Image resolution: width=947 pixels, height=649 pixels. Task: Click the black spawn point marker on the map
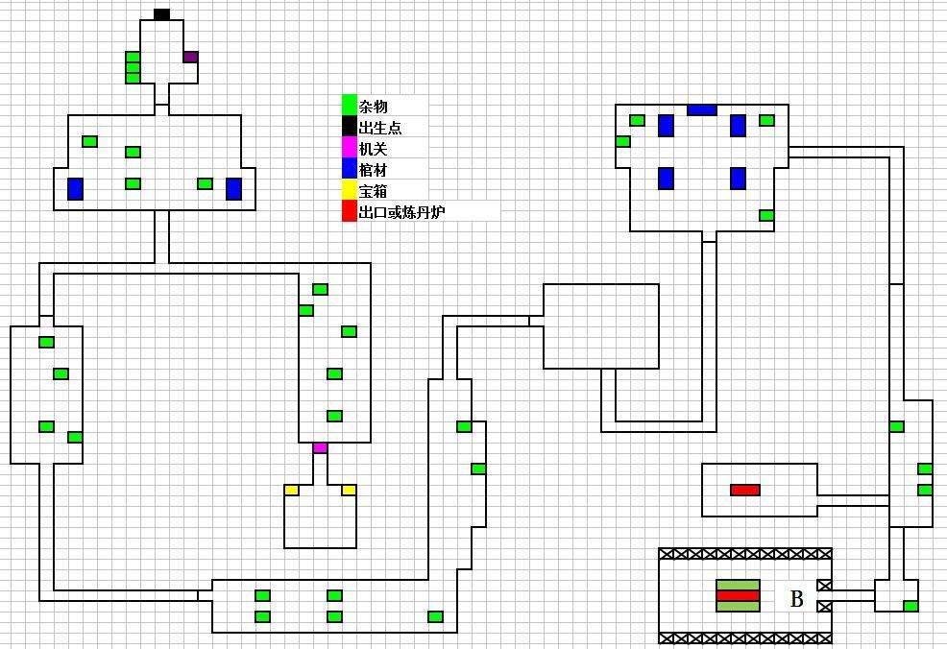(x=162, y=14)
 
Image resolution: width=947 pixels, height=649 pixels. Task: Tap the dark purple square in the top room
(x=190, y=58)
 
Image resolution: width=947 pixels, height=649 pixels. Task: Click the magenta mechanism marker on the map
(x=320, y=448)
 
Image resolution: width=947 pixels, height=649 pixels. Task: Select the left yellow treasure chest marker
(x=292, y=491)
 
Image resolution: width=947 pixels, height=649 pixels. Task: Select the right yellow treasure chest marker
(x=349, y=491)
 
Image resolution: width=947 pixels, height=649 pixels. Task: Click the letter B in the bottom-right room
(x=796, y=599)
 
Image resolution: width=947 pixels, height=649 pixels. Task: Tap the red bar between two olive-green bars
(x=738, y=596)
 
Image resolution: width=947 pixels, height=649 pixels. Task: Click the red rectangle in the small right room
(x=744, y=490)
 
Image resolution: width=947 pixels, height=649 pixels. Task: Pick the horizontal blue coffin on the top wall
(x=702, y=109)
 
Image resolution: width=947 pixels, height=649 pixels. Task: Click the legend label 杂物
(x=373, y=107)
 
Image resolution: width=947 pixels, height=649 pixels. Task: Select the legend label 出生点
(x=380, y=128)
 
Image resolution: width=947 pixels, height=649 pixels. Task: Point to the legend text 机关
(x=373, y=149)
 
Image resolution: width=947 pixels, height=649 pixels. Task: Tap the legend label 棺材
(x=373, y=170)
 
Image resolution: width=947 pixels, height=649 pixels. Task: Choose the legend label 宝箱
(x=373, y=191)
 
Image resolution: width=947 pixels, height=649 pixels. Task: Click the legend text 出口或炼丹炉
(x=401, y=212)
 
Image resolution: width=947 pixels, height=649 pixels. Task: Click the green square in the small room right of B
(x=911, y=606)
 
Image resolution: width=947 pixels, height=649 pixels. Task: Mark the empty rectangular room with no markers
(x=601, y=326)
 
